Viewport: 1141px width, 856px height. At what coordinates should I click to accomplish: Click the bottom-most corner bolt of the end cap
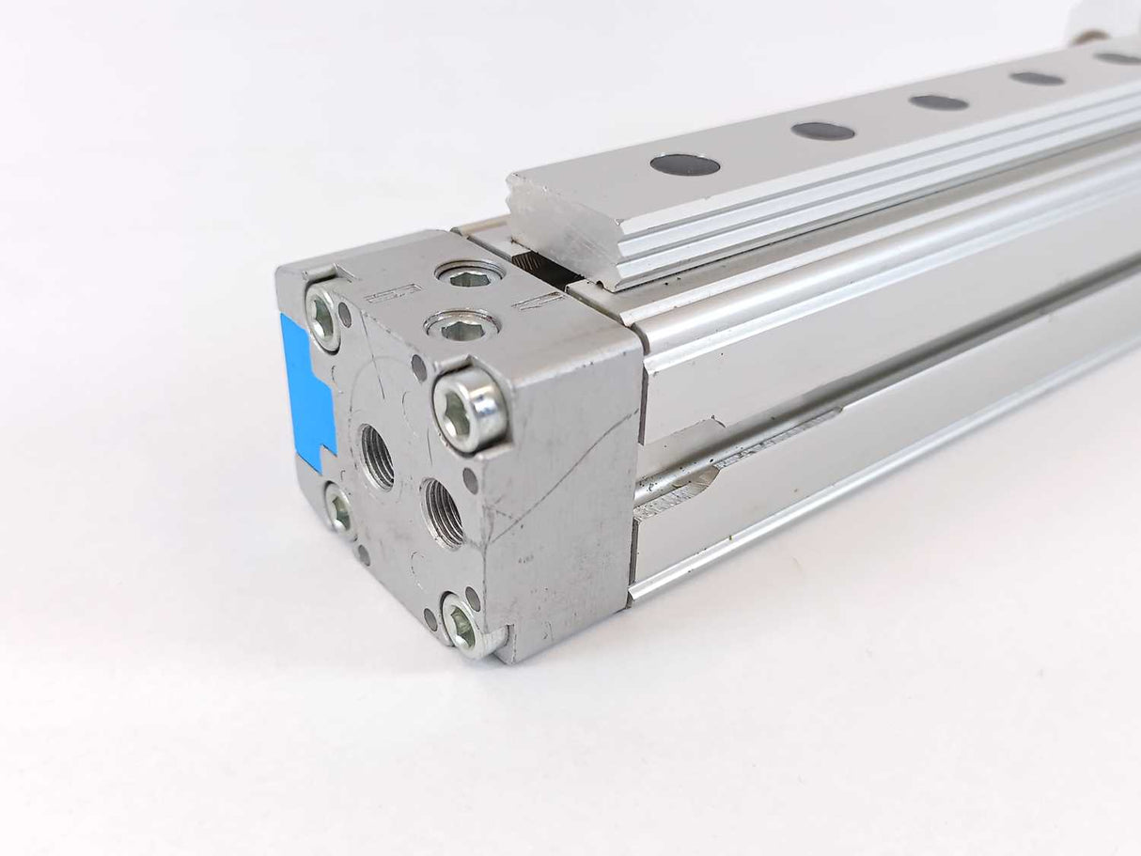pyautogui.click(x=464, y=623)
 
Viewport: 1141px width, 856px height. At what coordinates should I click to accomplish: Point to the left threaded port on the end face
pyautogui.click(x=377, y=457)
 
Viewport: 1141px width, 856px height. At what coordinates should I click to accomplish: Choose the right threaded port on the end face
pyautogui.click(x=443, y=513)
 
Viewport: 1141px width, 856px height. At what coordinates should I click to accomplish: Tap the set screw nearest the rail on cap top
pyautogui.click(x=470, y=275)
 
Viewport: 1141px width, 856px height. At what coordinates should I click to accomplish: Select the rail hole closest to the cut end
pyautogui.click(x=684, y=165)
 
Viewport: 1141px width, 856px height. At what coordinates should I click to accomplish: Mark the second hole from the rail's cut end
pyautogui.click(x=822, y=131)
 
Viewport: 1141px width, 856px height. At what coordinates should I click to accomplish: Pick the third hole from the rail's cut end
pyautogui.click(x=938, y=101)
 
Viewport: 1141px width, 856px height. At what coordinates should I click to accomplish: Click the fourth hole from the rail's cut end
pyautogui.click(x=1037, y=78)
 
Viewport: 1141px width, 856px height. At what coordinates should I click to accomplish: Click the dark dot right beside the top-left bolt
pyautogui.click(x=346, y=315)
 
